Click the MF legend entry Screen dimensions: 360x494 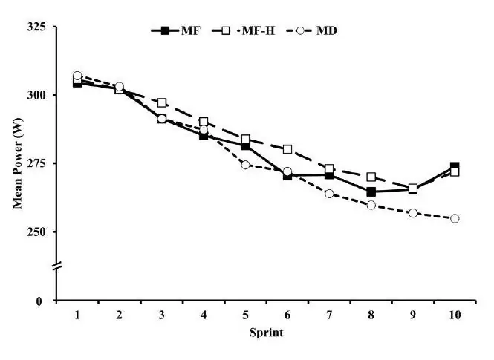(176, 30)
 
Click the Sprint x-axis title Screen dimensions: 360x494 (266, 333)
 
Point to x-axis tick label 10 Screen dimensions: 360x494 (455, 315)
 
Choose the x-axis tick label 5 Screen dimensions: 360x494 (245, 315)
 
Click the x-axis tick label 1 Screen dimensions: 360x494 (77, 315)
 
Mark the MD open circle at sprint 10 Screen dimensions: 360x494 (455, 218)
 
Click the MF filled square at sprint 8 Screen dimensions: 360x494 (371, 192)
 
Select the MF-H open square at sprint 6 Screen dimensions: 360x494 (287, 149)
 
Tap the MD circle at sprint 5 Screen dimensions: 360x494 (245, 165)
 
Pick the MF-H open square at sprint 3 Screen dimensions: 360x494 (161, 102)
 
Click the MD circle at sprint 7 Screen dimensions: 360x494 (329, 194)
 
